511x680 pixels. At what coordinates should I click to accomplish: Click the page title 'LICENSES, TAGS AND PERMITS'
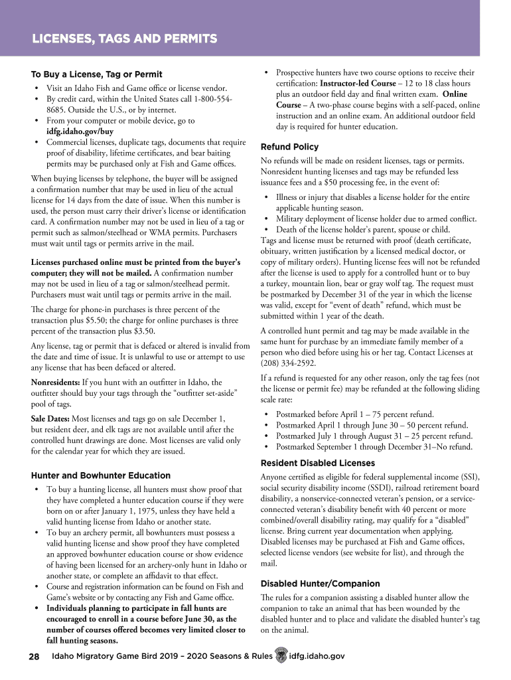[125, 39]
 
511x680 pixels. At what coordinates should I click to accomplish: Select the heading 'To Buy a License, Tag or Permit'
[97, 74]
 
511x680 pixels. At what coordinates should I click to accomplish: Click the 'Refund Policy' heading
[289, 147]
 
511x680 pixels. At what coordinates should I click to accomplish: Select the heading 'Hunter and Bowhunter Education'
[101, 475]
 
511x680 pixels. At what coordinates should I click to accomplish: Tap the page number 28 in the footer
[34, 656]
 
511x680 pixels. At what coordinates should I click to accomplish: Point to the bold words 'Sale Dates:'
[50, 419]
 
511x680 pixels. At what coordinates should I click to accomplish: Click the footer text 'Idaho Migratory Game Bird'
[107, 656]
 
